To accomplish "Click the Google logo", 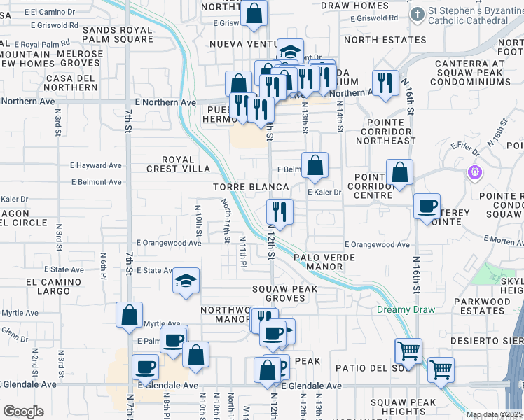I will [x=22, y=411].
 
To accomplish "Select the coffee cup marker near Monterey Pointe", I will [x=426, y=206].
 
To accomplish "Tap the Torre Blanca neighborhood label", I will [x=251, y=188].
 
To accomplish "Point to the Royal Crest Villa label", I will [x=178, y=164].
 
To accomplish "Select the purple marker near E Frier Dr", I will [x=475, y=171].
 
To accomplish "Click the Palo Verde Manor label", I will [x=324, y=262].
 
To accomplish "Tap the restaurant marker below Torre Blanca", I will [x=280, y=211].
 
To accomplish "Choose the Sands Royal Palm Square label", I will [x=117, y=35].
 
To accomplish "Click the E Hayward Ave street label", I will [x=96, y=166].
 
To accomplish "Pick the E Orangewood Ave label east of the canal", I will [x=377, y=245].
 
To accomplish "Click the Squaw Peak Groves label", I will [x=285, y=293].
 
